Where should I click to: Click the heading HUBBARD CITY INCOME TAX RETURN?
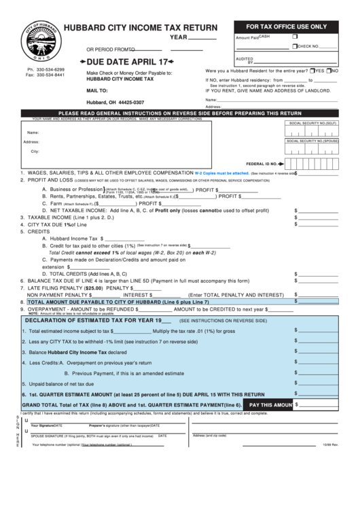(x=141, y=28)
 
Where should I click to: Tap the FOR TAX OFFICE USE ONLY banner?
(x=286, y=26)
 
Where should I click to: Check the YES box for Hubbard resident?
(x=312, y=71)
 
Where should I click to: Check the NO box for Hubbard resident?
(x=327, y=71)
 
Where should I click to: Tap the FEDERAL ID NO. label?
(x=262, y=164)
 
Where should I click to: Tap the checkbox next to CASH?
(x=295, y=36)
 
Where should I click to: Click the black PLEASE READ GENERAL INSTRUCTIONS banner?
(x=179, y=113)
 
